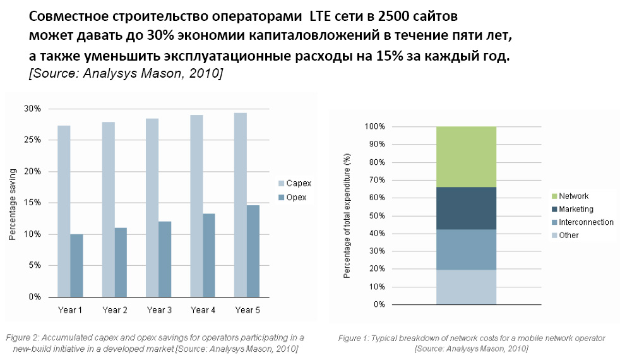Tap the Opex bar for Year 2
pyautogui.click(x=121, y=262)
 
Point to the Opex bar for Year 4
pyautogui.click(x=209, y=255)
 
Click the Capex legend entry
pyautogui.click(x=295, y=184)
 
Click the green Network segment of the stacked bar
pyautogui.click(x=465, y=157)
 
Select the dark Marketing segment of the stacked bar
pyautogui.click(x=465, y=208)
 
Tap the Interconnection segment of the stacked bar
pyautogui.click(x=465, y=249)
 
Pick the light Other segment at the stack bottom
pyautogui.click(x=465, y=287)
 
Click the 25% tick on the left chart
pyautogui.click(x=33, y=140)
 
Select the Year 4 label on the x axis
pyautogui.click(x=203, y=310)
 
